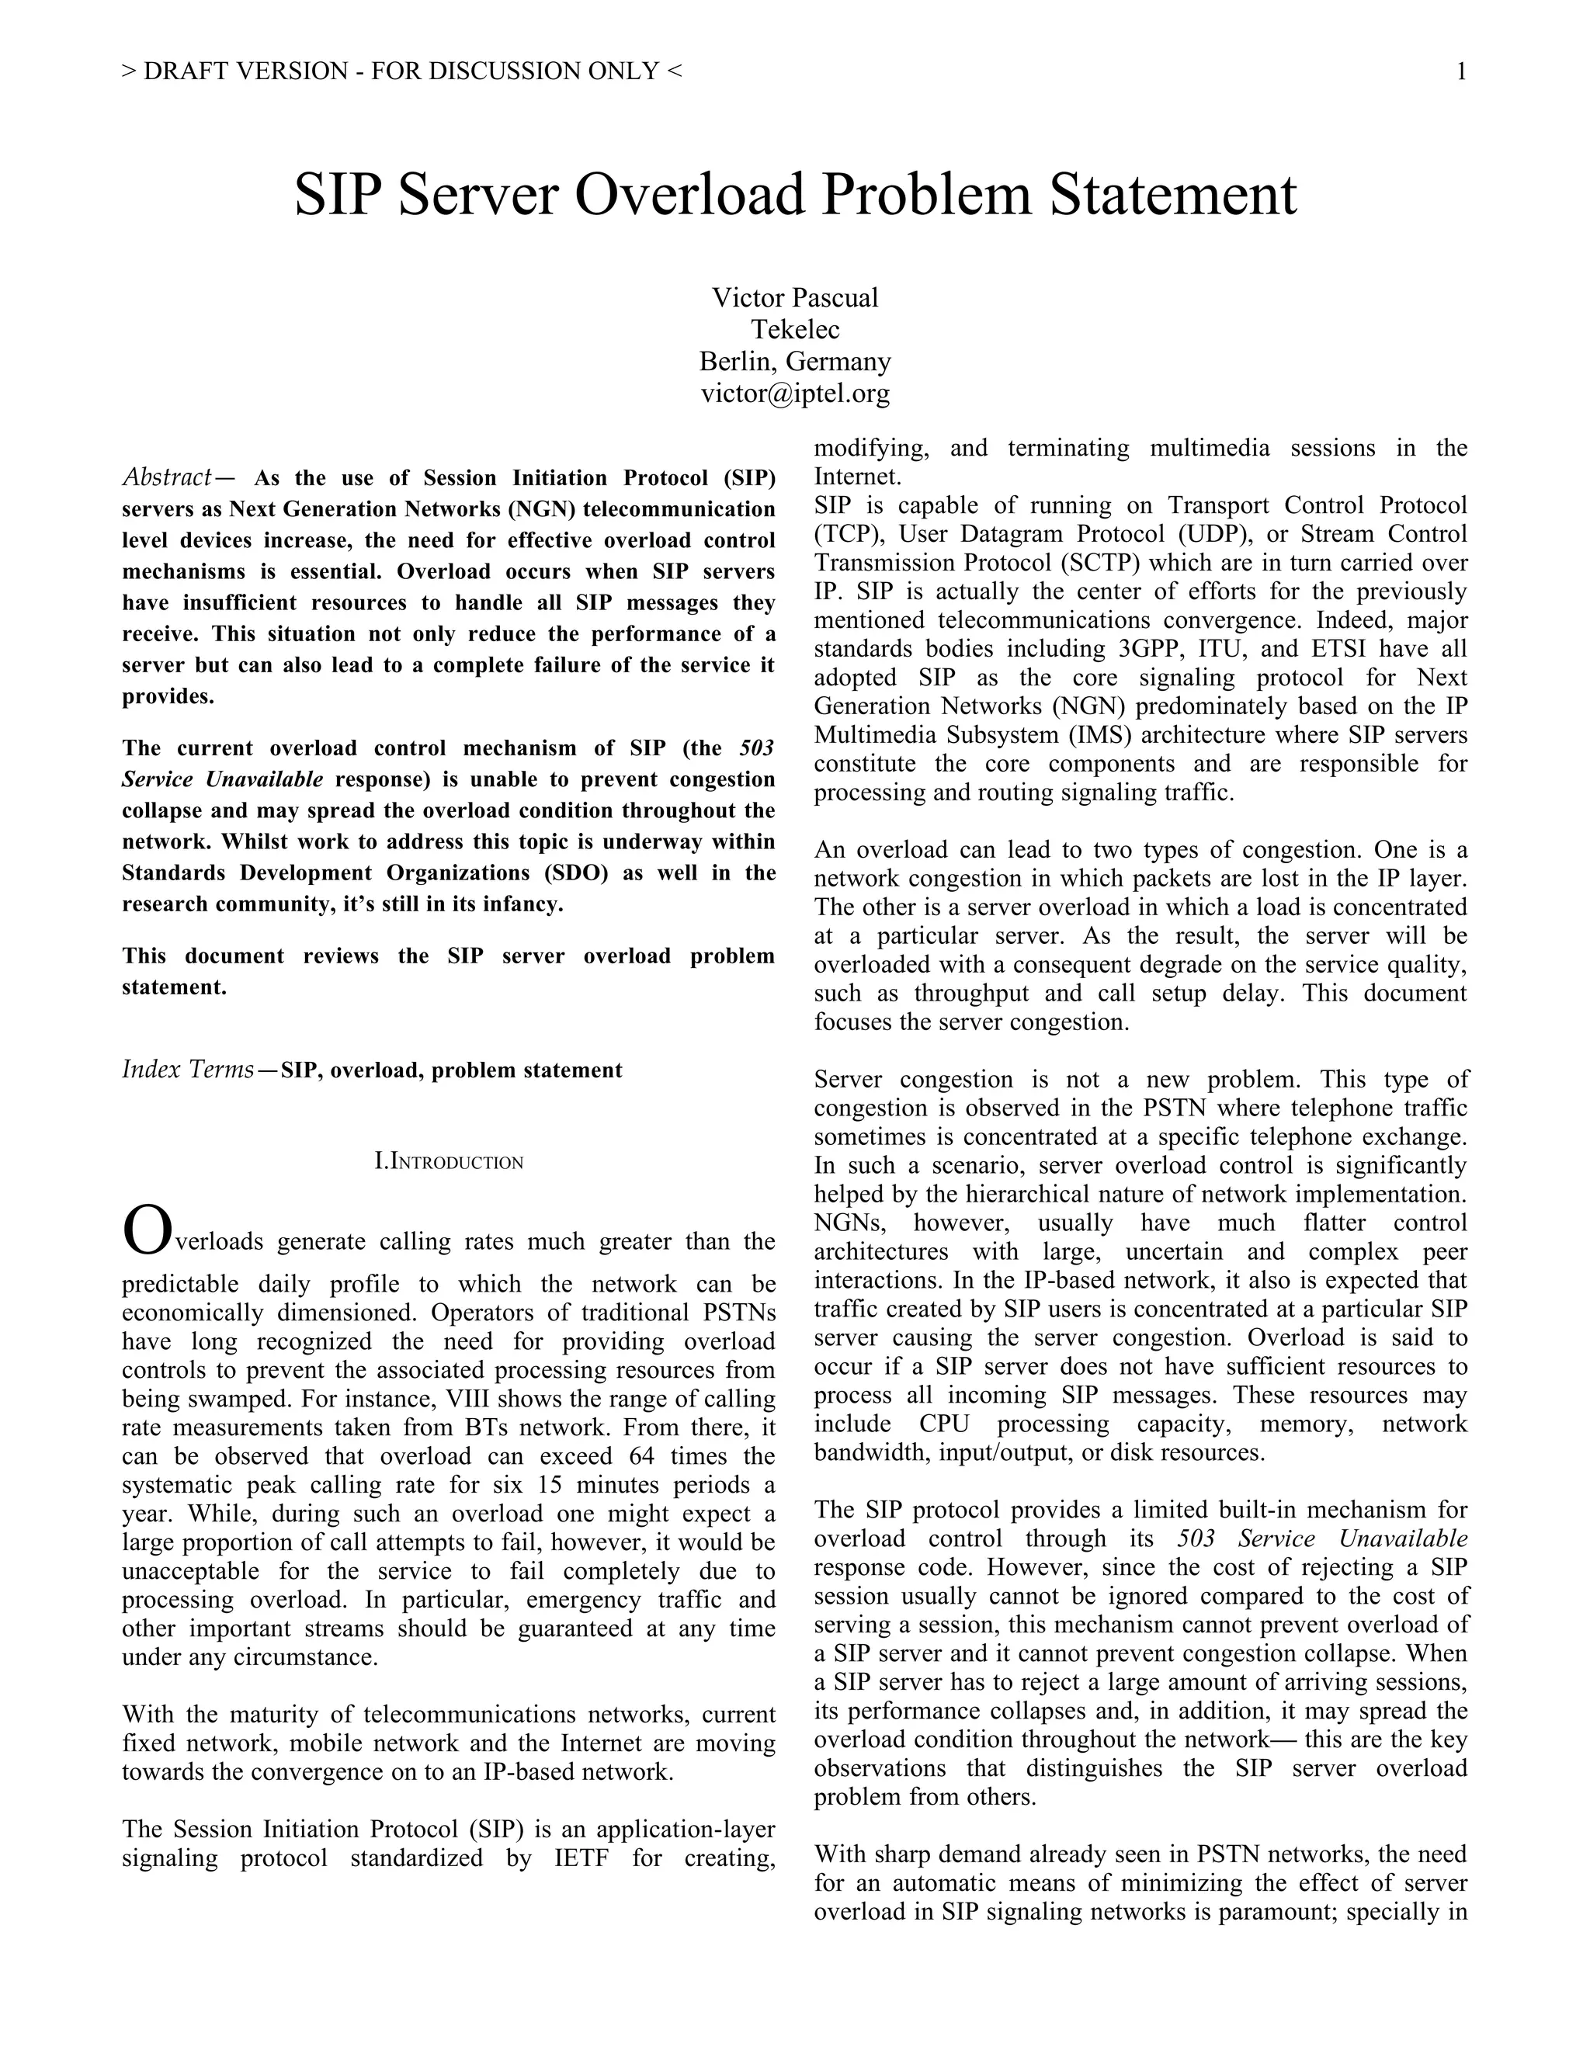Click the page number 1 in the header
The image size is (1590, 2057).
[1461, 71]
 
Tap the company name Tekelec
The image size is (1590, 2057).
[795, 330]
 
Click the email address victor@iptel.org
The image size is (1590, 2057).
[795, 394]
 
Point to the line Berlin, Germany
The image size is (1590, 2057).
[795, 362]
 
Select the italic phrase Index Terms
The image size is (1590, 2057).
[187, 1070]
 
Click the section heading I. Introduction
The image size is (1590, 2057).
[449, 1161]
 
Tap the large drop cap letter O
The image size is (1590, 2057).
[148, 1231]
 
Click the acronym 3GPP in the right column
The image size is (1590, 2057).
[1152, 649]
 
